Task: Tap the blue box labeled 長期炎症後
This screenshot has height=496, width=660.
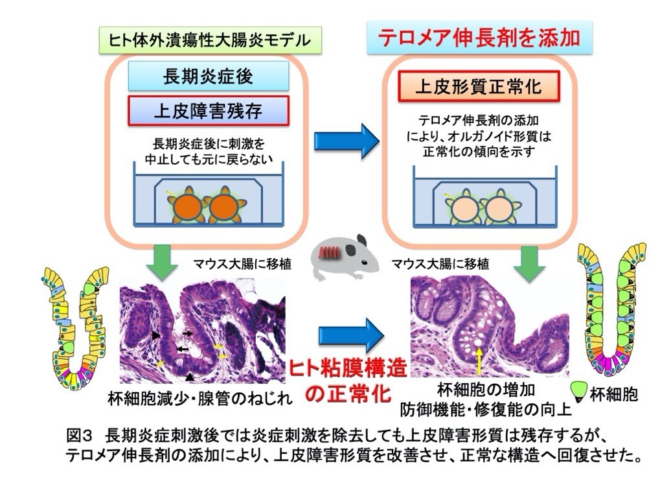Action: pos(207,77)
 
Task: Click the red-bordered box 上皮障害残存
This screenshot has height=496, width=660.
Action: pos(207,110)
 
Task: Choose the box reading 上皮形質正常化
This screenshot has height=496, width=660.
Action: pos(478,87)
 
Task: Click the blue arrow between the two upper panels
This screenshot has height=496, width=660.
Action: pos(346,139)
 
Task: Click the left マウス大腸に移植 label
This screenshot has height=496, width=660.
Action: pos(242,264)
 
